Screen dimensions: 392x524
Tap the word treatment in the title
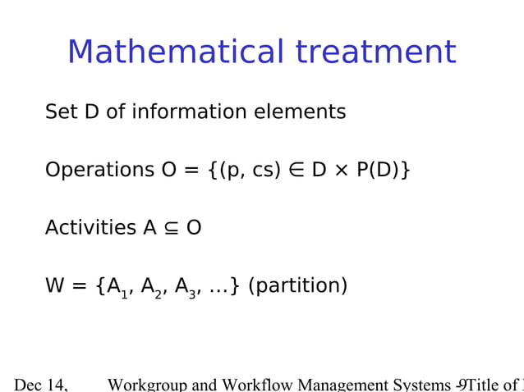coord(375,52)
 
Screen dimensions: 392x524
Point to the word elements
coord(303,112)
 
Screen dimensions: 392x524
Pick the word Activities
coord(90,228)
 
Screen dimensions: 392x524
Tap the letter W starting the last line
coord(55,286)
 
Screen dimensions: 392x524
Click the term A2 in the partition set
coord(152,288)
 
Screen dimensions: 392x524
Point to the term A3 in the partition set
coord(186,288)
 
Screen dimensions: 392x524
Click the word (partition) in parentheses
coord(297,286)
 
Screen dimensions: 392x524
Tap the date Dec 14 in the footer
coord(40,384)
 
